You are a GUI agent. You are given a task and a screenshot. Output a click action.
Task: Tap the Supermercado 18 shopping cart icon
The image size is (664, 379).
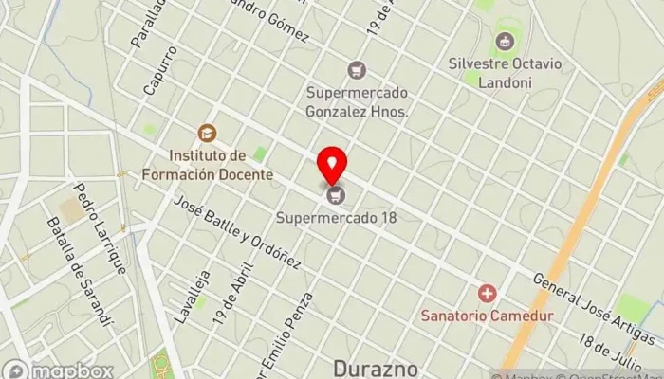pos(334,196)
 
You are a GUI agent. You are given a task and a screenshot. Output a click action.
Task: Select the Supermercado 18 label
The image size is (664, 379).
pos(336,218)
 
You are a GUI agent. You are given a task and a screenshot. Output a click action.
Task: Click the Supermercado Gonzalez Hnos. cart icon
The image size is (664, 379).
pos(357,69)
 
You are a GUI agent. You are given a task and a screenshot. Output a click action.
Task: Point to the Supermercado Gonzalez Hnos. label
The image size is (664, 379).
pos(357,102)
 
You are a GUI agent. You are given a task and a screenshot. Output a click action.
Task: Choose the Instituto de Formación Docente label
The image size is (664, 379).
pos(208,164)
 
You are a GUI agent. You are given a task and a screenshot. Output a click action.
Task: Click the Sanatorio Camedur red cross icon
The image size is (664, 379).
pos(488,294)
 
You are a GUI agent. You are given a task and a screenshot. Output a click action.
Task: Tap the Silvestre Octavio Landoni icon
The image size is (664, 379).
pos(504,42)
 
